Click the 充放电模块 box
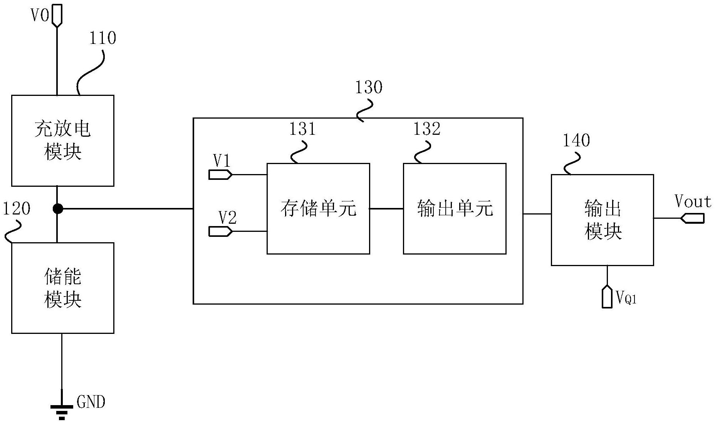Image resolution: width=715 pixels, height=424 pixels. click(x=62, y=141)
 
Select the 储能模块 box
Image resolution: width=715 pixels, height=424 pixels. click(x=62, y=288)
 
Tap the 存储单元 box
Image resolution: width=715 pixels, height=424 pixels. click(x=318, y=208)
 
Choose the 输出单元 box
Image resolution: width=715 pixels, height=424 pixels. click(x=455, y=208)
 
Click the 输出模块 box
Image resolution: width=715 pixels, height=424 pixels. click(x=602, y=220)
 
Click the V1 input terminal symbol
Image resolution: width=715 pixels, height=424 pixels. click(x=220, y=175)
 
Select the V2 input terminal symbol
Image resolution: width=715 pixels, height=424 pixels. click(x=220, y=231)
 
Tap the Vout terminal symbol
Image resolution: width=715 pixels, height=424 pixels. click(x=693, y=218)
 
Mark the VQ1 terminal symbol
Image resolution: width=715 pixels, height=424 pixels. click(x=607, y=297)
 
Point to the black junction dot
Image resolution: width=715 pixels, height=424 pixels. click(x=57, y=209)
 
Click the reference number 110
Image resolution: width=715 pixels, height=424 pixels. click(x=102, y=38)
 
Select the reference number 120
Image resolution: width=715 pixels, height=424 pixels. click(x=17, y=209)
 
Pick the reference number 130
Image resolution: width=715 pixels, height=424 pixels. click(x=368, y=87)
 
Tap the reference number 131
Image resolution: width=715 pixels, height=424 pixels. click(x=302, y=129)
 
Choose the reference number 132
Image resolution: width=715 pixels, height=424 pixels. click(x=426, y=129)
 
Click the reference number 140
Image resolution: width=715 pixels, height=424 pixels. click(x=576, y=141)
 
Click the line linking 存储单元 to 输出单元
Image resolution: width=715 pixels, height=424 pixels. click(x=386, y=209)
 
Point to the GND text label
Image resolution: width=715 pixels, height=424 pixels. click(x=91, y=402)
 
